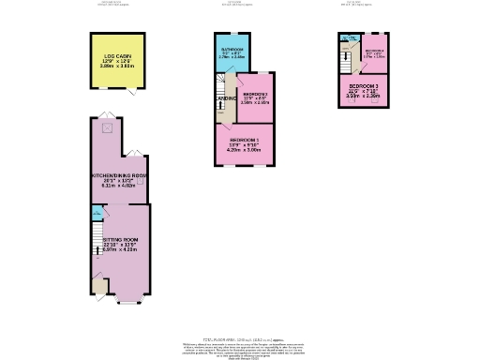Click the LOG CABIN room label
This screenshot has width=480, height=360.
(x=117, y=56)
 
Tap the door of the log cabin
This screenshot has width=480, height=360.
(x=132, y=92)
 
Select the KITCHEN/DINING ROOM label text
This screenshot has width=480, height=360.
(x=118, y=175)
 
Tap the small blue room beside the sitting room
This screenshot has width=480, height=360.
(x=97, y=214)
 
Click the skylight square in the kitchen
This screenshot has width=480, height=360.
(x=107, y=127)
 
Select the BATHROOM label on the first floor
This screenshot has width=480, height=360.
(x=232, y=48)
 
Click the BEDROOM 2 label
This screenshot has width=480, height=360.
(x=256, y=94)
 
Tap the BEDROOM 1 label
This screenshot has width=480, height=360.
(x=244, y=140)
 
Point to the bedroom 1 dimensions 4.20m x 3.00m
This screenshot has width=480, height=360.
(x=244, y=150)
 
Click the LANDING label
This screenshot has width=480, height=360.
(x=225, y=98)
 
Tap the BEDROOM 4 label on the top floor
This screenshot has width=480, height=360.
(x=374, y=51)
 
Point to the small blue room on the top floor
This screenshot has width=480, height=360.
(x=349, y=38)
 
